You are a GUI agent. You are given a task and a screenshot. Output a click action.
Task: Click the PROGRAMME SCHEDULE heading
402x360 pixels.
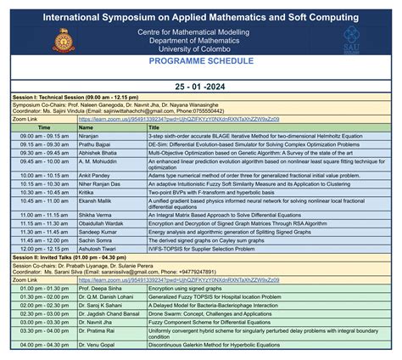pos(201,62)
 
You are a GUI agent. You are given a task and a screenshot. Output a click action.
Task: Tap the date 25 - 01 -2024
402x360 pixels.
pos(201,87)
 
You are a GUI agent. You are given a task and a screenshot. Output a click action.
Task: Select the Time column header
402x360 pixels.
pos(43,127)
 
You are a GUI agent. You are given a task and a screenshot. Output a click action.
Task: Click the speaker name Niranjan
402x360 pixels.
pos(90,135)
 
